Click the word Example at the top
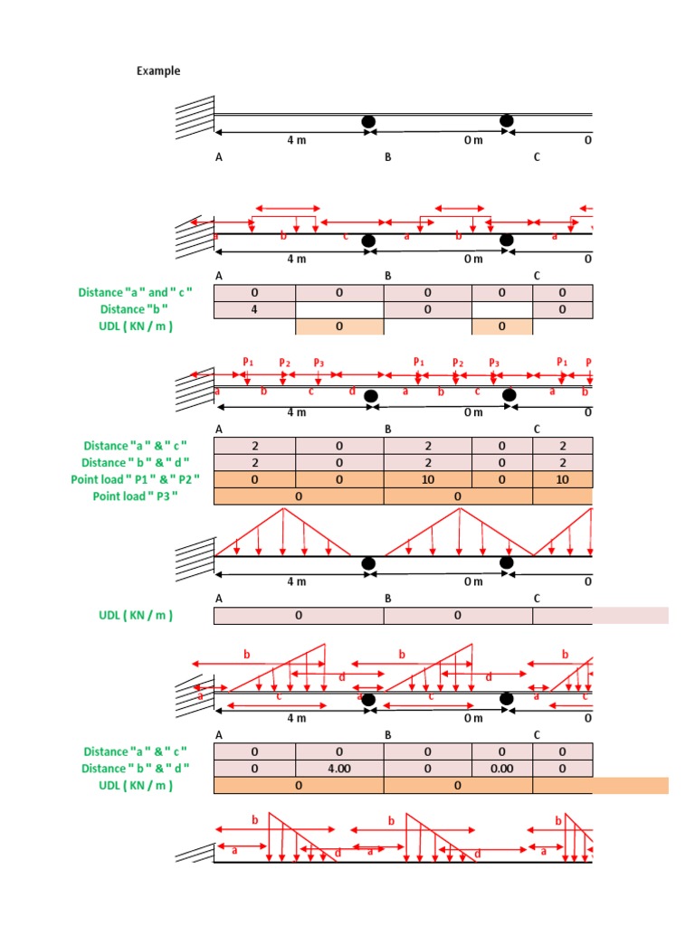(158, 71)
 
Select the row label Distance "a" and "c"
(124, 292)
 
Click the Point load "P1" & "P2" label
(136, 479)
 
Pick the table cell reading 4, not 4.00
(254, 309)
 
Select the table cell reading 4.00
(339, 769)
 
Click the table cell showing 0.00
(502, 769)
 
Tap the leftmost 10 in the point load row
(428, 479)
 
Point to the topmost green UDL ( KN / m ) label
(136, 326)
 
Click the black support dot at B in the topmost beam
(368, 121)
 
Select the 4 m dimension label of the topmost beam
(297, 140)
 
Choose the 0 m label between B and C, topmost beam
(473, 140)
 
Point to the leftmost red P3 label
(319, 363)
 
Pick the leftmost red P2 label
(284, 363)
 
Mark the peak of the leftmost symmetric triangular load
(284, 509)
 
